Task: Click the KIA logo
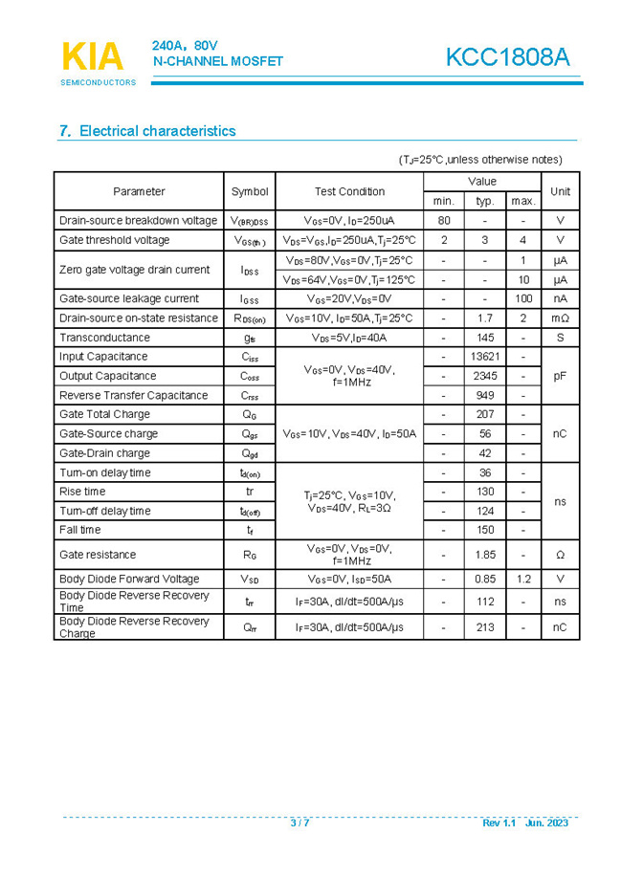coord(93,57)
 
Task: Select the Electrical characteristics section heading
coord(147,131)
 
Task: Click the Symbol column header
coord(250,191)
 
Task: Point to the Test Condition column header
coord(349,191)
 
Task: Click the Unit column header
coord(561,191)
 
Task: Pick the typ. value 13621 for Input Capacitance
coord(485,357)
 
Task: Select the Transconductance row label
coord(104,338)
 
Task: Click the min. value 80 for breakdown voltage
coord(444,220)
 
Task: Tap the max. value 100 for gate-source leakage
coord(523,298)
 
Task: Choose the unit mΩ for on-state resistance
coord(561,318)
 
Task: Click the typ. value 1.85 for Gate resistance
coord(485,555)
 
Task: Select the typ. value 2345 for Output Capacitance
coord(485,376)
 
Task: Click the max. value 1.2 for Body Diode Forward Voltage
coord(523,579)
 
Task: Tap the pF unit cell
coord(561,376)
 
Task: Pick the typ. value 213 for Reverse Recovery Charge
coord(485,627)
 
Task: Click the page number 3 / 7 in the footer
coord(299,823)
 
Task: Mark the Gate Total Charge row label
coord(104,414)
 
